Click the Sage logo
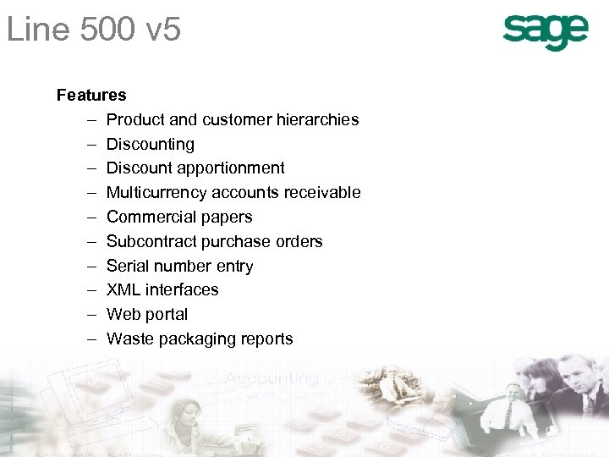[x=545, y=33]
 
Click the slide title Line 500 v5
[x=94, y=31]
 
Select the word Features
[x=91, y=95]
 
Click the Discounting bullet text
[x=151, y=144]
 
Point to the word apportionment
[x=231, y=168]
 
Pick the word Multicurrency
[x=156, y=192]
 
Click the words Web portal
[x=147, y=314]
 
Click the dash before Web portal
[x=89, y=314]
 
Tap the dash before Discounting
[x=89, y=144]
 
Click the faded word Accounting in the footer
[x=271, y=378]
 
